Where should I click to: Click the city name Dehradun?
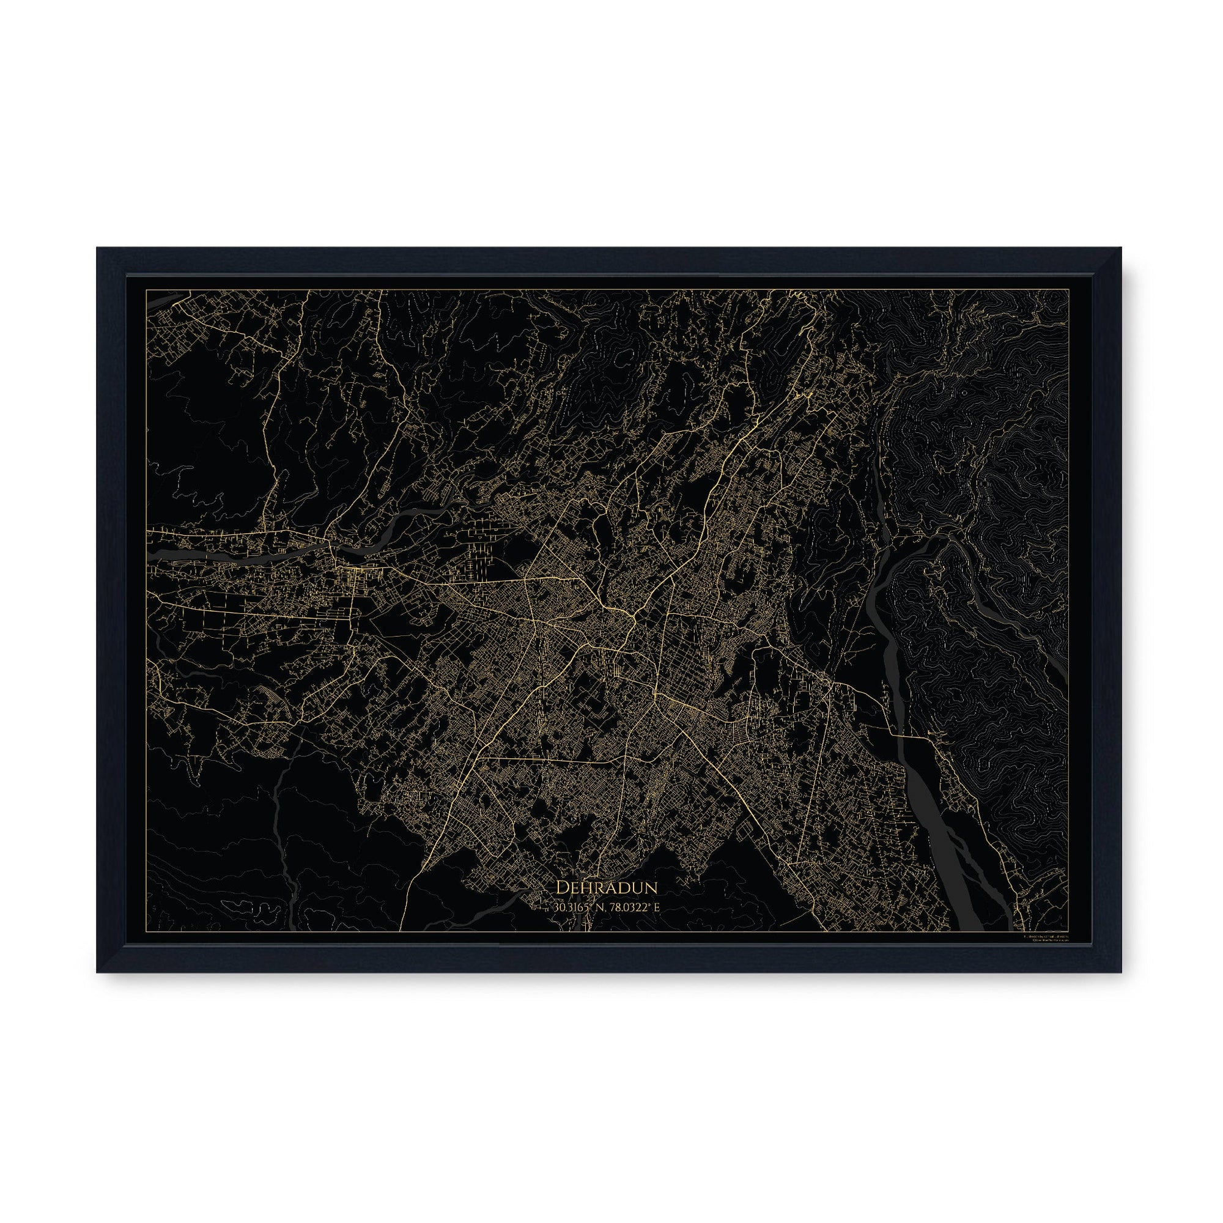tap(607, 888)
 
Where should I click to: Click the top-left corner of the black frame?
tap(97, 248)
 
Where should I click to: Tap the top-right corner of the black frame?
tap(1120, 248)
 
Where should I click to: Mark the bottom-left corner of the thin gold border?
tap(147, 931)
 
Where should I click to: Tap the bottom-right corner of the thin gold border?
tap(1071, 931)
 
